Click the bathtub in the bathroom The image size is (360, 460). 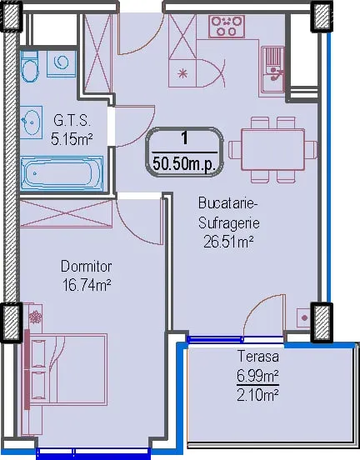click(x=62, y=173)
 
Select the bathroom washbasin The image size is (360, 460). click(x=31, y=122)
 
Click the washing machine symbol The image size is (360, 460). click(x=62, y=63)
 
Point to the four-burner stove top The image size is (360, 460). click(x=227, y=27)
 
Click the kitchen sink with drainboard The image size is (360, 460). click(x=272, y=69)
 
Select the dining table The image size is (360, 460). click(x=272, y=150)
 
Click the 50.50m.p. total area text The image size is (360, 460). click(x=184, y=164)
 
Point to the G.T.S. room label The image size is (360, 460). click(x=72, y=121)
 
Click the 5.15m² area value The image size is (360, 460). click(x=72, y=139)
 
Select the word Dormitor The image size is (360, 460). click(x=87, y=267)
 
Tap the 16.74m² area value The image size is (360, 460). click(x=87, y=285)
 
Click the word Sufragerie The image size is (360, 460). click(x=229, y=223)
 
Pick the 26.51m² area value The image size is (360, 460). click(x=228, y=242)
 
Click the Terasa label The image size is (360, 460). click(x=258, y=356)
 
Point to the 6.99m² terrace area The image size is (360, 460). click(x=257, y=376)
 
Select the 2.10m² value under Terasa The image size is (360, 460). click(x=257, y=395)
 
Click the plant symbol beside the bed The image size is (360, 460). click(x=36, y=317)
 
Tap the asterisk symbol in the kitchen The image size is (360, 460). click(x=182, y=73)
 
